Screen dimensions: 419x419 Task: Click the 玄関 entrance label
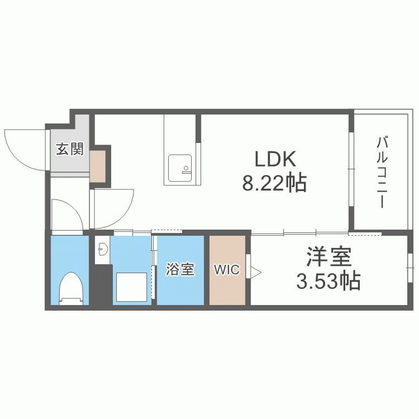(x=70, y=149)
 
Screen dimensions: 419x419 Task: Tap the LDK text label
(x=275, y=159)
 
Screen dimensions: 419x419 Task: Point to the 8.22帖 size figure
(x=274, y=183)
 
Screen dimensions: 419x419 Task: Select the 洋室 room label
(x=329, y=256)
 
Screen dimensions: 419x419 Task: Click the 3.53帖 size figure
(x=328, y=281)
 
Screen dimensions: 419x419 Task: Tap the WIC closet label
(x=227, y=270)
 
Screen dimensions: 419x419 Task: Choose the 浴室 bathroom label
(x=180, y=269)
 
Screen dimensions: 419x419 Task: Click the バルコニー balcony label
(x=382, y=173)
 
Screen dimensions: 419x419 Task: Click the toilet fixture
(x=70, y=289)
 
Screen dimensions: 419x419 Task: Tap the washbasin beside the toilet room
(x=103, y=249)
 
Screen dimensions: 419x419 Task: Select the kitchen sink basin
(x=180, y=168)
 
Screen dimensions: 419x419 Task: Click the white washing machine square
(x=131, y=287)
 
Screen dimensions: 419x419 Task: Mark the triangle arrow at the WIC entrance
(x=256, y=273)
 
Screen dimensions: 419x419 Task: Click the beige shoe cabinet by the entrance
(x=98, y=166)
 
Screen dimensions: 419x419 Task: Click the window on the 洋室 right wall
(x=410, y=268)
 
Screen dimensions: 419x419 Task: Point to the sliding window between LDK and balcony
(x=351, y=169)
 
